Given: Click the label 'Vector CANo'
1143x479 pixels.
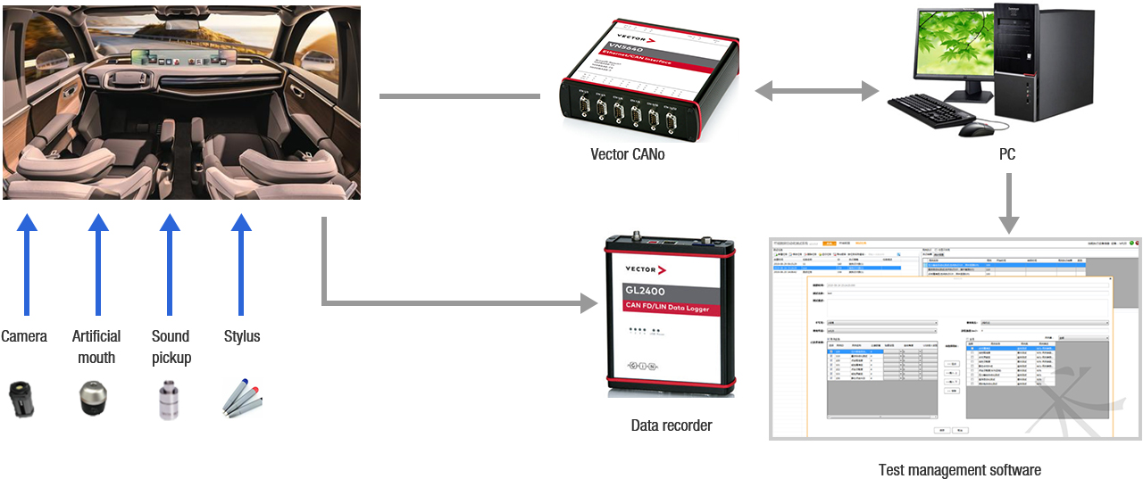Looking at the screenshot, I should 627,153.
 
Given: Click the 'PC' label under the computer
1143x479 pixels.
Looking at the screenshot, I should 1007,154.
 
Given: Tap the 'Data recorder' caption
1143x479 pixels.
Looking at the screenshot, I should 672,425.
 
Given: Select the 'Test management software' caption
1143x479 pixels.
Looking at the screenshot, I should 959,469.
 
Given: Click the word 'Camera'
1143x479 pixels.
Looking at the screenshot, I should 24,336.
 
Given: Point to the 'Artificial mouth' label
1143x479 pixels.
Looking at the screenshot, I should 96,347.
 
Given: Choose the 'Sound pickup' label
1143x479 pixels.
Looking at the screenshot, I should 171,347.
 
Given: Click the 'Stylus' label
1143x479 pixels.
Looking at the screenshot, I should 242,336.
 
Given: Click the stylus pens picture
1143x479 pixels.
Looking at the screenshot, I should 242,399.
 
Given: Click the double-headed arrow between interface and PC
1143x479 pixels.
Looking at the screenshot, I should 816,90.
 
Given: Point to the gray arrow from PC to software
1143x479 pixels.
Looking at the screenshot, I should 1008,202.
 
